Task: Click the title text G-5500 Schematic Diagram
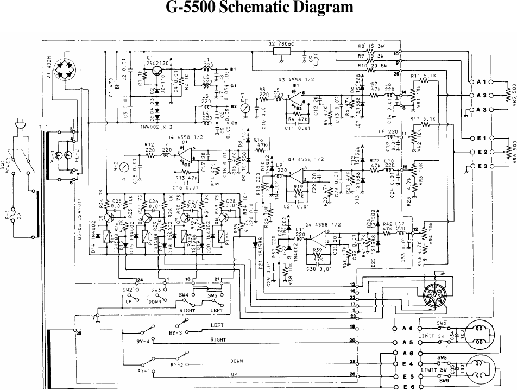[x=258, y=8]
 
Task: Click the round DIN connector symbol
[x=437, y=297]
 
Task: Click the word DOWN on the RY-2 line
[x=236, y=360]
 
